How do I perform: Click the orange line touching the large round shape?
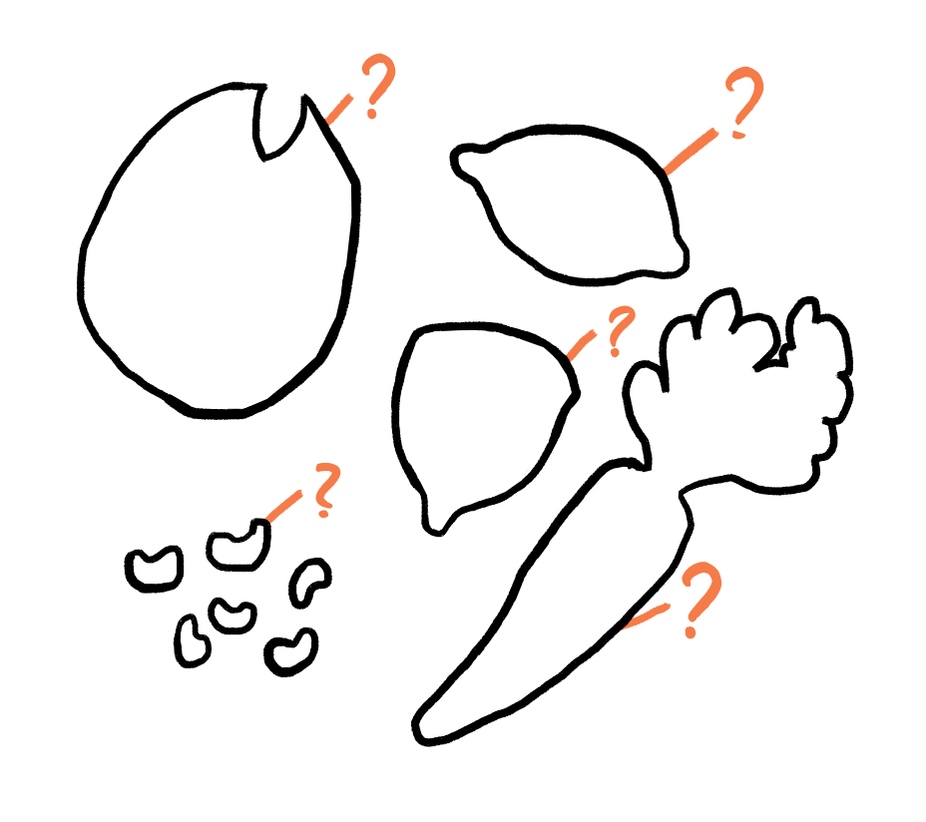tap(338, 110)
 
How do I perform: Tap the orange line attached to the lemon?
tap(691, 152)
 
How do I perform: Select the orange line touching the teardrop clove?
tap(582, 345)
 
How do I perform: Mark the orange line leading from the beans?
tap(284, 506)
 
